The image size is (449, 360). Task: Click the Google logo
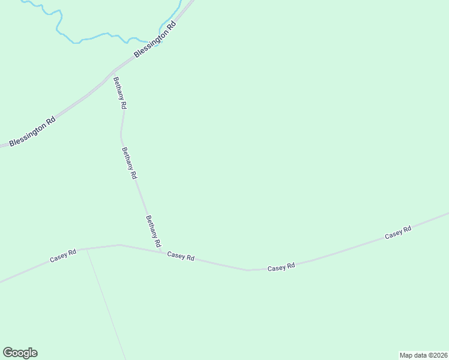click(20, 353)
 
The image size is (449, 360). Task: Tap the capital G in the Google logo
click(8, 353)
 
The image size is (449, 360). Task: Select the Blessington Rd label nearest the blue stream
click(156, 40)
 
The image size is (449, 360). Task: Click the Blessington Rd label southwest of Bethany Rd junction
click(32, 131)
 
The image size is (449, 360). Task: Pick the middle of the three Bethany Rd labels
click(129, 164)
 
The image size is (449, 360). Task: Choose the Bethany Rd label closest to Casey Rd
click(153, 232)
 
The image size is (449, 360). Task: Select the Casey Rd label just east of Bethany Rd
click(181, 257)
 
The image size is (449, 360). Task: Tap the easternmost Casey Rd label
click(398, 232)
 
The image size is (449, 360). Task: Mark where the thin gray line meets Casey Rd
click(87, 248)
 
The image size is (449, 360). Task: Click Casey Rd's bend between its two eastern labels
click(249, 270)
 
